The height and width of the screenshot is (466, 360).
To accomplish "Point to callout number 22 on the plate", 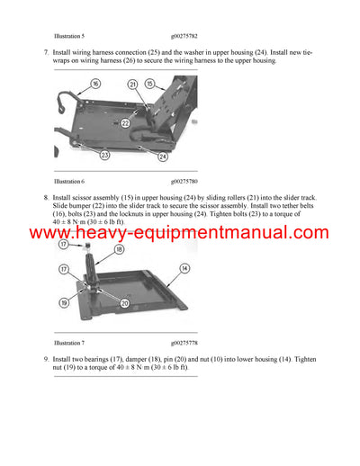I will point(125,122).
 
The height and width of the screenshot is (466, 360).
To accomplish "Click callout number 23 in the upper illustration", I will point(104,155).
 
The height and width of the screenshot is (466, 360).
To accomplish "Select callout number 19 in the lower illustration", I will point(64,304).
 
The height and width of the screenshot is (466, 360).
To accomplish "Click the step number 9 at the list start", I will point(46,360).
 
